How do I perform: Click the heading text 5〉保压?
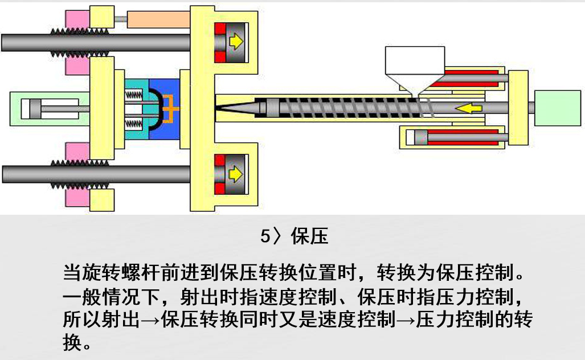point(294,236)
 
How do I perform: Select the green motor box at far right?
point(558,108)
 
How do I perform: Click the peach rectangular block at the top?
point(158,20)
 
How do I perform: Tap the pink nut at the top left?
point(76,20)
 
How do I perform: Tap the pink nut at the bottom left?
point(76,198)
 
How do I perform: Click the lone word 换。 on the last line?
point(77,343)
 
